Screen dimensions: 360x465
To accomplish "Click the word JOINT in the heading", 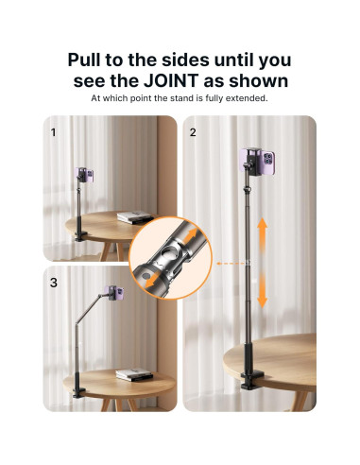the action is pyautogui.click(x=171, y=80).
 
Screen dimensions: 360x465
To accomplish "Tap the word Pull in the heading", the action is pyautogui.click(x=84, y=60).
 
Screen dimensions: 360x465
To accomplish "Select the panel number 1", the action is pyautogui.click(x=53, y=132).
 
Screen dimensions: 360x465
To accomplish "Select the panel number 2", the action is pyautogui.click(x=193, y=132).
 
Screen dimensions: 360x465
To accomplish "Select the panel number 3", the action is pyautogui.click(x=54, y=283).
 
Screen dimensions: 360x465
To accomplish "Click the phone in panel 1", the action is pyautogui.click(x=84, y=175).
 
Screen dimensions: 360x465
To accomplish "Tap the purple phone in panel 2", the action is pyautogui.click(x=257, y=161).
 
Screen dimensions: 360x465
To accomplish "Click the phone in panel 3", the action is pyautogui.click(x=115, y=293).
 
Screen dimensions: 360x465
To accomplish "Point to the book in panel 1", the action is pyautogui.click(x=135, y=217).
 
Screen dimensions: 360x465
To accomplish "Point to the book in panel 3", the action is pyautogui.click(x=134, y=375).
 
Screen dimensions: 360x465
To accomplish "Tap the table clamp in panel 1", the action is pyautogui.click(x=81, y=236).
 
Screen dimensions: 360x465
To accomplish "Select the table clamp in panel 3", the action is pyautogui.click(x=79, y=392).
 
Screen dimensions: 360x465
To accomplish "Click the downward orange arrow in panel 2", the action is pyautogui.click(x=262, y=291).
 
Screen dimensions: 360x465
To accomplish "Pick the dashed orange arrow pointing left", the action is pyautogui.click(x=230, y=263).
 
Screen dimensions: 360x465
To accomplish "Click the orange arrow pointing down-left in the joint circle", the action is pyautogui.click(x=152, y=280).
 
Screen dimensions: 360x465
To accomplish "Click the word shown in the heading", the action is pyautogui.click(x=258, y=80).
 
